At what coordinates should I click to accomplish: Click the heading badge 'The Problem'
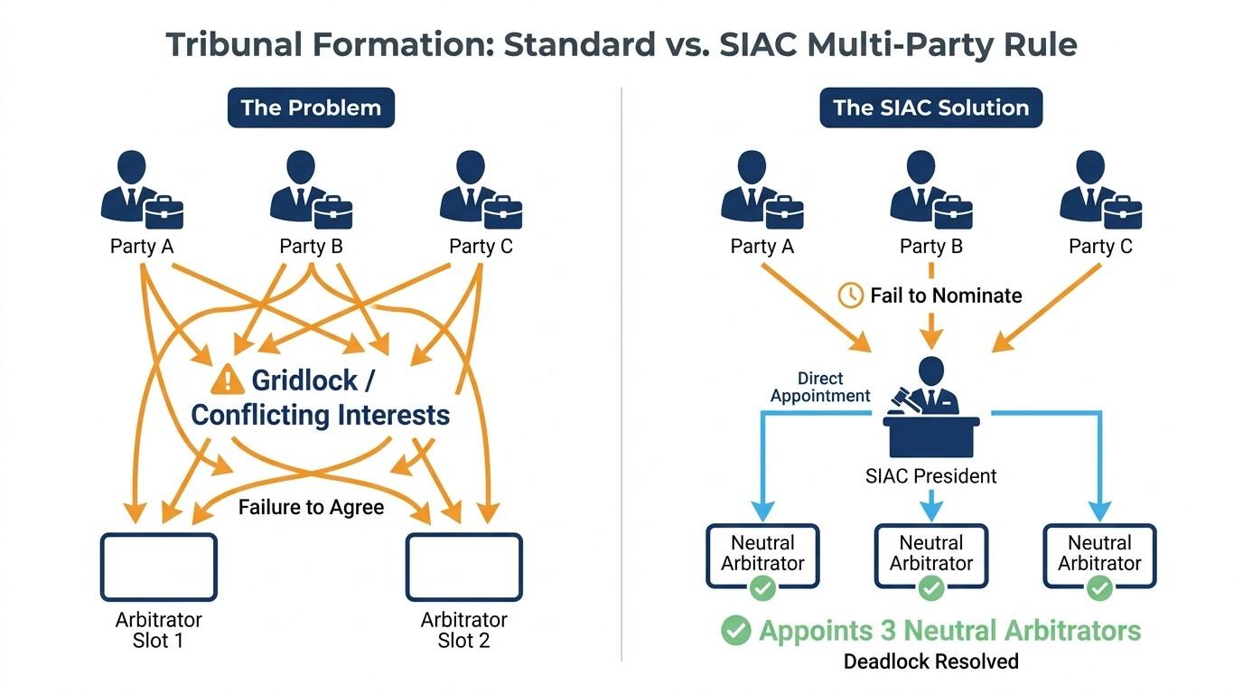[x=311, y=108]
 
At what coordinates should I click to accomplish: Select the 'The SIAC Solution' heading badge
[x=930, y=108]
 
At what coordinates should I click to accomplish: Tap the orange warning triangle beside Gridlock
[x=227, y=380]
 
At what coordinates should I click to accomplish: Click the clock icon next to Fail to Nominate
[x=851, y=295]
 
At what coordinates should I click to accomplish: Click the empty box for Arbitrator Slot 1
[x=158, y=567]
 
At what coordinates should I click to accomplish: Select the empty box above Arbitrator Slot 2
[x=463, y=567]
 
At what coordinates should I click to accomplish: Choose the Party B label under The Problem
[x=311, y=246]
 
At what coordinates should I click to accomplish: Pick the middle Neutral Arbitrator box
[x=930, y=554]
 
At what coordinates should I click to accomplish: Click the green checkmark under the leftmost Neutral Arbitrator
[x=762, y=589]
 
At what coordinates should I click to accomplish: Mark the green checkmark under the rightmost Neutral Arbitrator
[x=1099, y=589]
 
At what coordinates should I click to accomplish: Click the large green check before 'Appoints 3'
[x=736, y=631]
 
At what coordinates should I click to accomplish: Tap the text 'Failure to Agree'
[x=311, y=507]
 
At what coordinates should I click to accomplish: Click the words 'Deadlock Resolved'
[x=930, y=661]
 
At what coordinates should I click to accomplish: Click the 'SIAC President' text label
[x=930, y=475]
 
